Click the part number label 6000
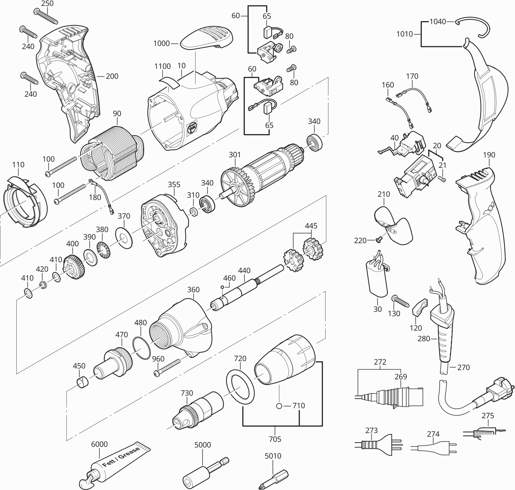(x=99, y=444)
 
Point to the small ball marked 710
(x=279, y=406)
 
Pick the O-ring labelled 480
(x=142, y=348)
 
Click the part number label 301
(x=235, y=155)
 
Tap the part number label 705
(x=275, y=439)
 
